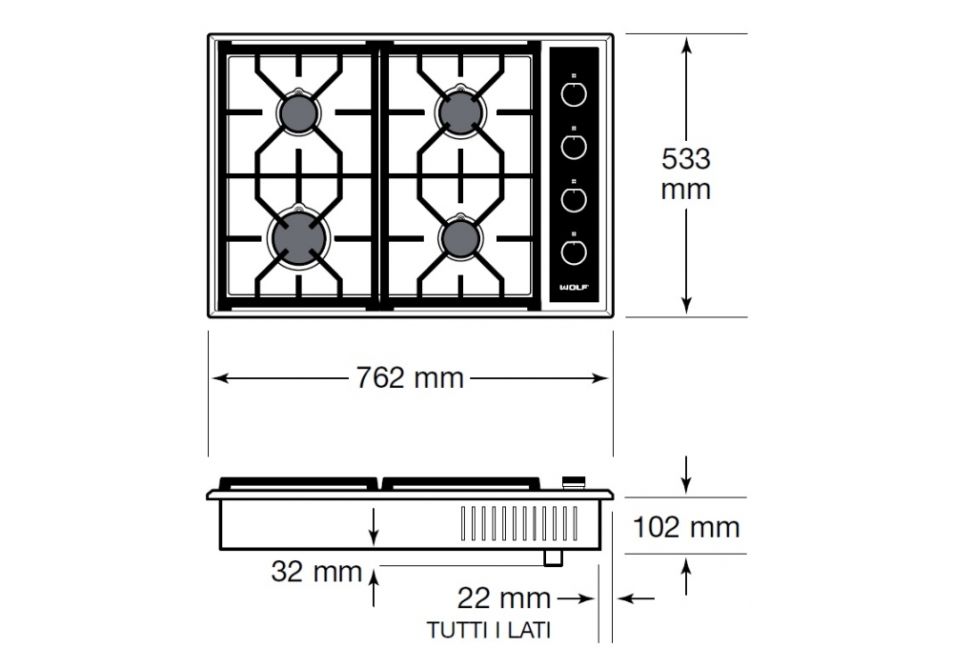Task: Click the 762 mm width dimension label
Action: point(410,378)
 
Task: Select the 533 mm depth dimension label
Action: point(686,173)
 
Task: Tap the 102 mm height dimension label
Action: point(686,527)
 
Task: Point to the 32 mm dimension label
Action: point(316,572)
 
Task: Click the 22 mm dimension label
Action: point(504,598)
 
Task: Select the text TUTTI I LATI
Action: point(489,630)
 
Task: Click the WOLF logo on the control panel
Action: point(575,288)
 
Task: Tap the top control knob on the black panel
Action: point(574,94)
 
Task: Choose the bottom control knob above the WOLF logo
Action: point(574,253)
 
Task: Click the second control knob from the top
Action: point(574,147)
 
